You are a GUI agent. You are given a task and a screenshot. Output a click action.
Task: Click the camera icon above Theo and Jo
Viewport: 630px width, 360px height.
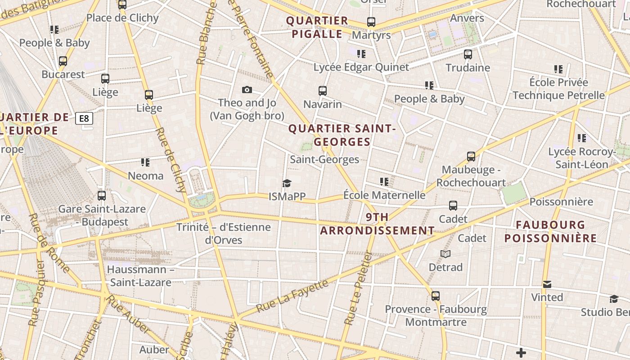tap(247, 90)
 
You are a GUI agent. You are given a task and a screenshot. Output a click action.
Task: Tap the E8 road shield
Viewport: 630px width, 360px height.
tap(84, 119)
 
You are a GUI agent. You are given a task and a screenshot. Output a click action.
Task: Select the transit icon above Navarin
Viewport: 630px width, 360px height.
tap(322, 91)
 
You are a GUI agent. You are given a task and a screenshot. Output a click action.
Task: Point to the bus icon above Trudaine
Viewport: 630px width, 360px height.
tap(468, 54)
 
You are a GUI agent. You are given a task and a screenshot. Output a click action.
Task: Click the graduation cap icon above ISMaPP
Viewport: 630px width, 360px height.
tap(287, 183)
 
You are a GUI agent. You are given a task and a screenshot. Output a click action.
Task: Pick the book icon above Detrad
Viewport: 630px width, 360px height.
tap(445, 254)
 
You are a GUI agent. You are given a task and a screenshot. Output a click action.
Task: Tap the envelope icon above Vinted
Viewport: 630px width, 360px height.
tap(547, 284)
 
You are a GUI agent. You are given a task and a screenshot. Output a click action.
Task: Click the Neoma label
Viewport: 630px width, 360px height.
tap(146, 175)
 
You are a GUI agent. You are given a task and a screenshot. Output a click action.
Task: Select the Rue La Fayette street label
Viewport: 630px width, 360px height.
tap(292, 297)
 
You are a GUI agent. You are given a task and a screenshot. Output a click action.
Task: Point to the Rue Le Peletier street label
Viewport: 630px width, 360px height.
tap(358, 288)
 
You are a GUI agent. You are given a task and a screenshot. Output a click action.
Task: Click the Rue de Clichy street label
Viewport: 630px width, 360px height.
tap(171, 160)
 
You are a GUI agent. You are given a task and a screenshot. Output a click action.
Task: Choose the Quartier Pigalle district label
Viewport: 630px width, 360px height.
tap(317, 27)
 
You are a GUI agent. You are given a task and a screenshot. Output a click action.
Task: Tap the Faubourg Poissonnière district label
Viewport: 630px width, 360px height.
tap(550, 231)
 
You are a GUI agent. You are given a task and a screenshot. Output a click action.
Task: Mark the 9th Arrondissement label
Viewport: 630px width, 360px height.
tap(377, 224)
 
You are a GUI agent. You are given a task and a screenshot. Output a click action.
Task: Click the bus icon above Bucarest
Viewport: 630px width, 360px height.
tap(63, 61)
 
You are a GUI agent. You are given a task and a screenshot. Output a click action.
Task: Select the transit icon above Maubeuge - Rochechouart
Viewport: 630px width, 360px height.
tap(471, 157)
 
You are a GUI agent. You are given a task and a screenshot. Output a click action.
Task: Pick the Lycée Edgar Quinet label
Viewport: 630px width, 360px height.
tap(361, 67)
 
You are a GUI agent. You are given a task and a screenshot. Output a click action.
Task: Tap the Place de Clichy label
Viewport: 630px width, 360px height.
tap(122, 18)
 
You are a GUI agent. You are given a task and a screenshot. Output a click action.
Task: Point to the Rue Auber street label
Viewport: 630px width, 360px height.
tap(129, 317)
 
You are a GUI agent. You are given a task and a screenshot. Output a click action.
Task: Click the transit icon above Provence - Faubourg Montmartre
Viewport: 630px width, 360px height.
tap(435, 296)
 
